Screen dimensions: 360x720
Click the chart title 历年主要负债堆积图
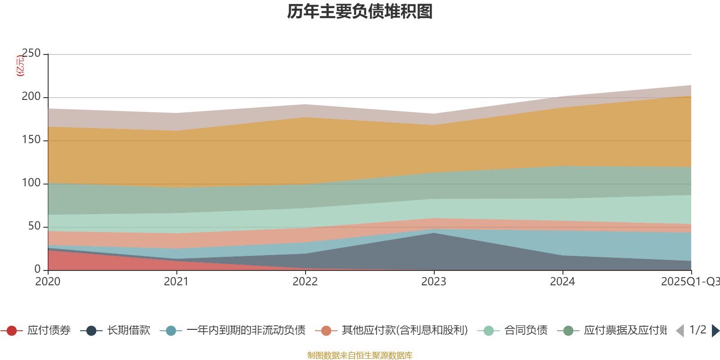point(360,12)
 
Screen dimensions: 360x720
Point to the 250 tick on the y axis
point(31,54)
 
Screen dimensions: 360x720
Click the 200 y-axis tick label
point(31,97)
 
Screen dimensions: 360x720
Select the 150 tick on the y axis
point(31,140)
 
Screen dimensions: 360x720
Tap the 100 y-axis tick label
point(31,183)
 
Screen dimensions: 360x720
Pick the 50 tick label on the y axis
point(34,226)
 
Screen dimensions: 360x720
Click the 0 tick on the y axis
point(38,269)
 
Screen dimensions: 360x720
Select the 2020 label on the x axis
point(48,282)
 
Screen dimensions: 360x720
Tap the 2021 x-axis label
point(176,282)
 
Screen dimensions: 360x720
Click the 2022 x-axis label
point(305,282)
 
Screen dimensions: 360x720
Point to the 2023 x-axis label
point(434,282)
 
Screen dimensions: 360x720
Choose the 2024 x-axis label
point(562,282)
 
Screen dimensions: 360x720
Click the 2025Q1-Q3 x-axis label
point(689,282)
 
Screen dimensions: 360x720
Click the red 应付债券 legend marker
point(12,331)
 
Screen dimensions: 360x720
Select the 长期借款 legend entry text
point(128,331)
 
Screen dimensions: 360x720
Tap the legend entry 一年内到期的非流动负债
point(246,331)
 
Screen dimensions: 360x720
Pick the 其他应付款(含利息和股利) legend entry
point(405,331)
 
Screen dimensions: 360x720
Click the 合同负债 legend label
point(526,331)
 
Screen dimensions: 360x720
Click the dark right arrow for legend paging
point(715,331)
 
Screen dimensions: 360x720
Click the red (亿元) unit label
point(20,66)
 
